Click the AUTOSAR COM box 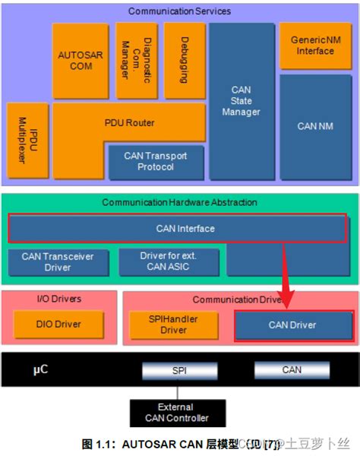(75, 61)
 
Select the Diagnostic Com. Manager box (136, 61)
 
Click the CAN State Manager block (241, 100)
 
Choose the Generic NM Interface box (315, 46)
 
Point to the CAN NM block (315, 125)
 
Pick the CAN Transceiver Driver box (58, 262)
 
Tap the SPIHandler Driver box (173, 325)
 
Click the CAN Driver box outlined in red (292, 325)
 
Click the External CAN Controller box (176, 413)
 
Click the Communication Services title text (179, 11)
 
